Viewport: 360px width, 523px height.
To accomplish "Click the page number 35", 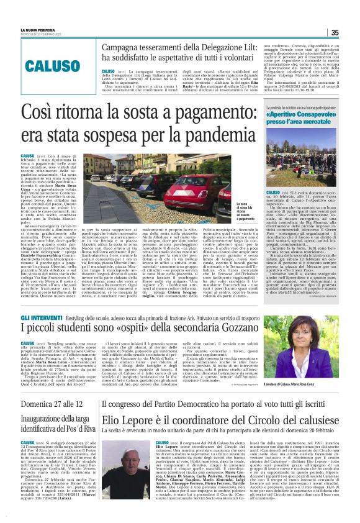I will (x=351, y=33).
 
